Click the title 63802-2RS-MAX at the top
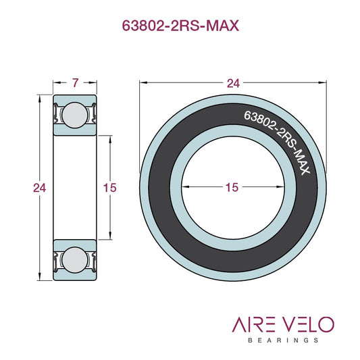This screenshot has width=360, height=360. coord(180,26)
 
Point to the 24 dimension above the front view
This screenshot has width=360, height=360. coord(233,83)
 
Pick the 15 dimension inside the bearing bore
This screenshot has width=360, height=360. coord(232,188)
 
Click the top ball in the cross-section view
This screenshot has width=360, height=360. coord(74,114)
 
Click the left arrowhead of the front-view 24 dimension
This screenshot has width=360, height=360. coord(143,82)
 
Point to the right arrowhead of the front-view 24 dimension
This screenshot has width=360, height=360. coord(323,82)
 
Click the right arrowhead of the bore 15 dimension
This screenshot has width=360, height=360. coord(279,184)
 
